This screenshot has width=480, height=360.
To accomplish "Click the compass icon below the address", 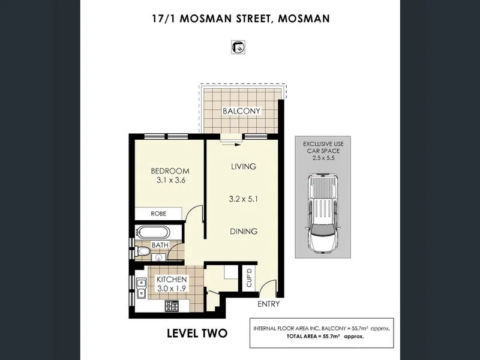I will (x=239, y=47).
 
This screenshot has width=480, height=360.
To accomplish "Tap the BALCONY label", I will (x=241, y=111).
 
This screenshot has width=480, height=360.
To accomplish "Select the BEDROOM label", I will (x=170, y=171).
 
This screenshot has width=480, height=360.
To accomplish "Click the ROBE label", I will (x=158, y=213).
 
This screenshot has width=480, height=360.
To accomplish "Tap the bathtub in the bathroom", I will (x=153, y=232).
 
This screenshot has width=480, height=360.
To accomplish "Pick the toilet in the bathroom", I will (x=142, y=250).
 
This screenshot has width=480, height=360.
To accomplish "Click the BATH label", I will (x=160, y=245).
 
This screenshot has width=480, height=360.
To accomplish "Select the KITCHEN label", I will (x=172, y=280).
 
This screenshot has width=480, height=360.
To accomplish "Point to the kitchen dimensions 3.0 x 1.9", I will (x=172, y=289).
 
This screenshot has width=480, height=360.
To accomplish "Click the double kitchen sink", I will (x=141, y=289).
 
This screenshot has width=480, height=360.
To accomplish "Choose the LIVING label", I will (x=244, y=166).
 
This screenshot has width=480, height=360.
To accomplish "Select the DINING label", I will (x=244, y=231).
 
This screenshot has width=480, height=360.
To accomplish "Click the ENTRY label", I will (x=269, y=304).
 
